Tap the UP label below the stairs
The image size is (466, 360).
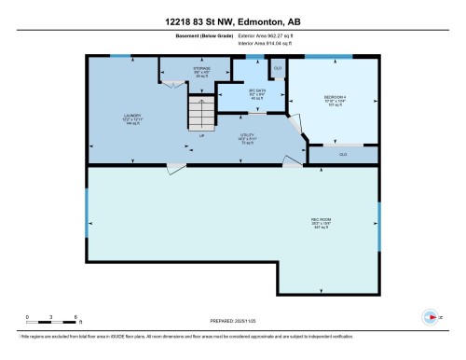200,135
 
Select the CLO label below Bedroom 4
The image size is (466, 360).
343,154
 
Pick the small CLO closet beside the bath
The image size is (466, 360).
278,69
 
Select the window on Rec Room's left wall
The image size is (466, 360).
89,224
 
